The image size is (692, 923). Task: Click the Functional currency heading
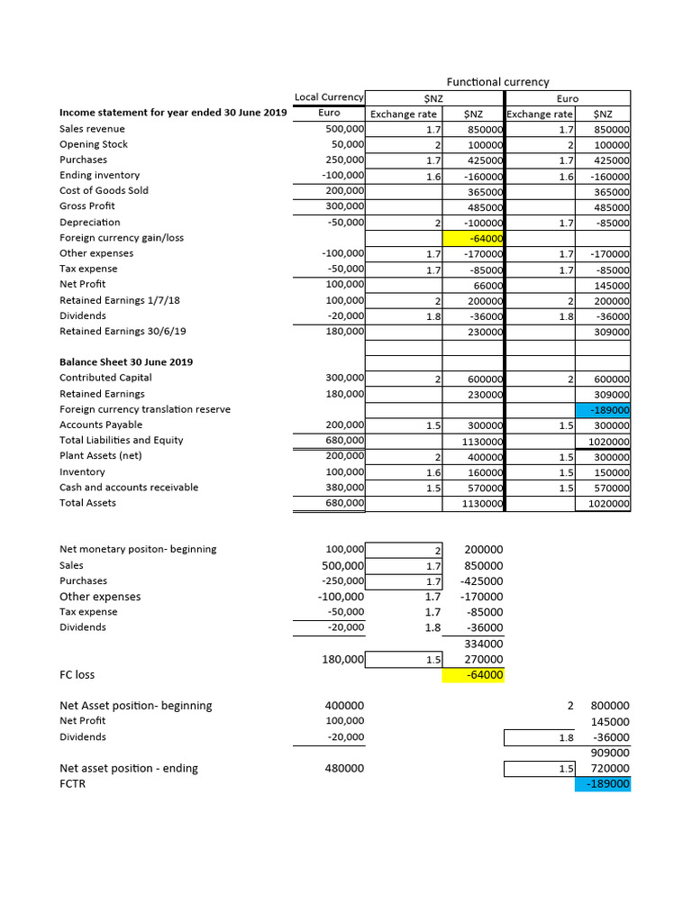pos(497,82)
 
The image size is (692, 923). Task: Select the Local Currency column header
pos(329,97)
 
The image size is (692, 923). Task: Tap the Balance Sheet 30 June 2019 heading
pos(125,362)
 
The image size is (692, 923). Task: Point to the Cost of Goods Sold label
pos(104,190)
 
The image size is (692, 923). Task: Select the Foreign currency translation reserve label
pos(144,409)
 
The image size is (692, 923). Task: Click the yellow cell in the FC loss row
pos(472,675)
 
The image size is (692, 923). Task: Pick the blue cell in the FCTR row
pos(603,784)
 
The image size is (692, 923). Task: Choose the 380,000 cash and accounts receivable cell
pos(344,488)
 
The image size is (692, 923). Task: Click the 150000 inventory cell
pos(610,472)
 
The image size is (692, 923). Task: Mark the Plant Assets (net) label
pos(100,456)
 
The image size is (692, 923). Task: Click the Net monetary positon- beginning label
pos(138,549)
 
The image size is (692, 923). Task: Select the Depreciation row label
pos(89,222)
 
